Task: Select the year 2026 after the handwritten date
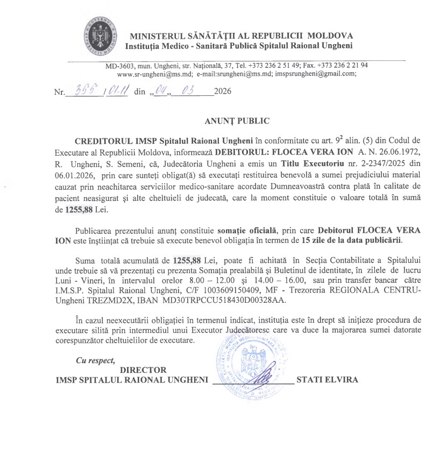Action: click(x=223, y=92)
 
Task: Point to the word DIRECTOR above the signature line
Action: click(x=144, y=370)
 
